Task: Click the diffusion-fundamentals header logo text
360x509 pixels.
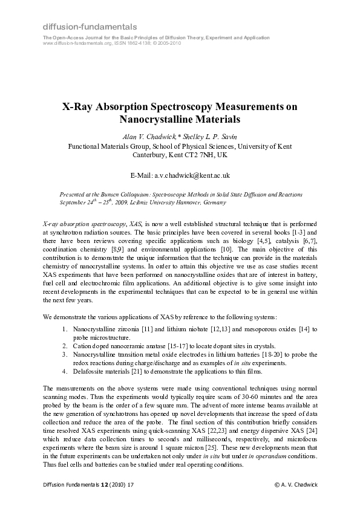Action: click(x=90, y=27)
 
